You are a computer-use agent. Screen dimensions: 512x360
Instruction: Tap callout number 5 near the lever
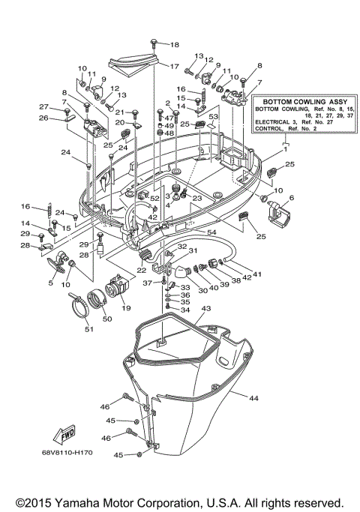point(52,283)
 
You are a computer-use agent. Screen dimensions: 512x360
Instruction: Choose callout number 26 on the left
point(43,118)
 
